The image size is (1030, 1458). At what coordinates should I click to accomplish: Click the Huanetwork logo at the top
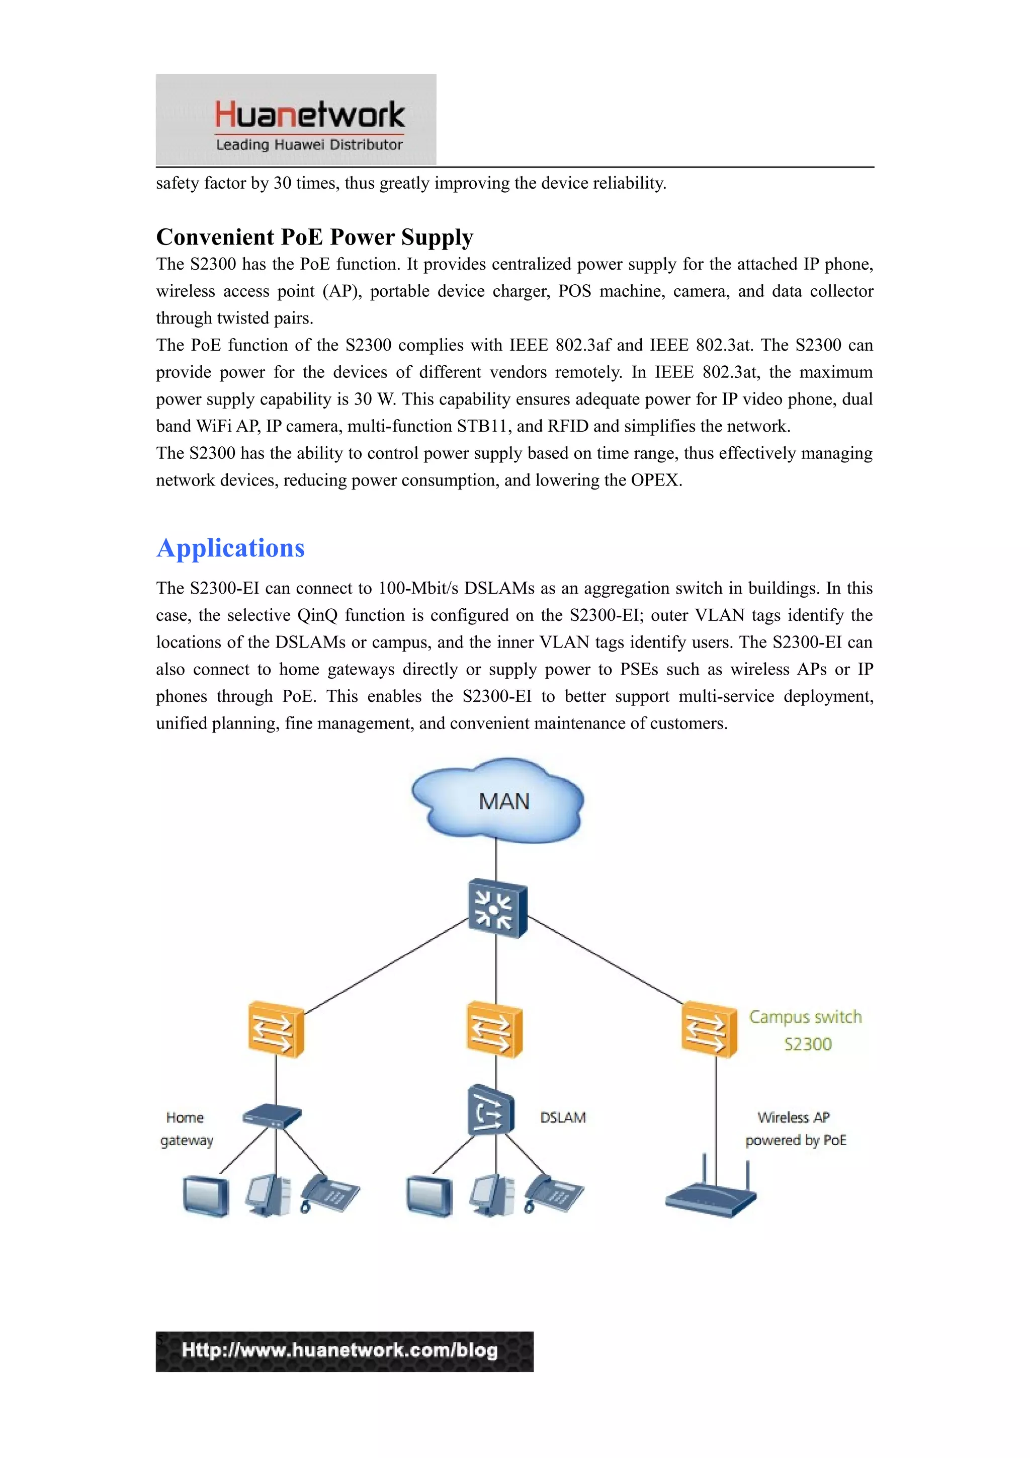296,119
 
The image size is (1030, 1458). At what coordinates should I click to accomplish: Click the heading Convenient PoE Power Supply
314,237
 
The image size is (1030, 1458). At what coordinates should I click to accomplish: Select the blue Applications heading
230,548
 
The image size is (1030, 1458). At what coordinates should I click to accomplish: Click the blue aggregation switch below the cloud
497,908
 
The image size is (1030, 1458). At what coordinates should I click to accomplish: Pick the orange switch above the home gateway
276,1029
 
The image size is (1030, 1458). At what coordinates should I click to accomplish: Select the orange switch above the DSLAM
494,1029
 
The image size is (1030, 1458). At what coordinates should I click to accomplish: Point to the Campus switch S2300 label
805,1030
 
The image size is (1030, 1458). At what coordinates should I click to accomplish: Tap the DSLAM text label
563,1117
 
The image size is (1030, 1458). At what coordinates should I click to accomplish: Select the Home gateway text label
186,1128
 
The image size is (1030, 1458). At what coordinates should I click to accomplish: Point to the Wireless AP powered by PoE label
795,1128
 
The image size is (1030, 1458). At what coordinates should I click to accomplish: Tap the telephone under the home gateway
330,1194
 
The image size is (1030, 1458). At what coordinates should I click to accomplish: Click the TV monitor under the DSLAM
430,1196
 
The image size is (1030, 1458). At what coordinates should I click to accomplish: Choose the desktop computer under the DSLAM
492,1195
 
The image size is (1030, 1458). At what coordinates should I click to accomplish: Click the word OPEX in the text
654,480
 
